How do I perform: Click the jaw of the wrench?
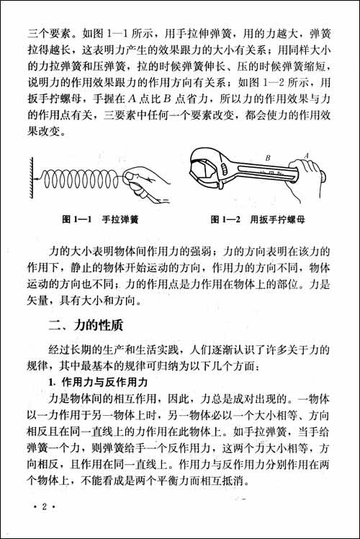point(209,167)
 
